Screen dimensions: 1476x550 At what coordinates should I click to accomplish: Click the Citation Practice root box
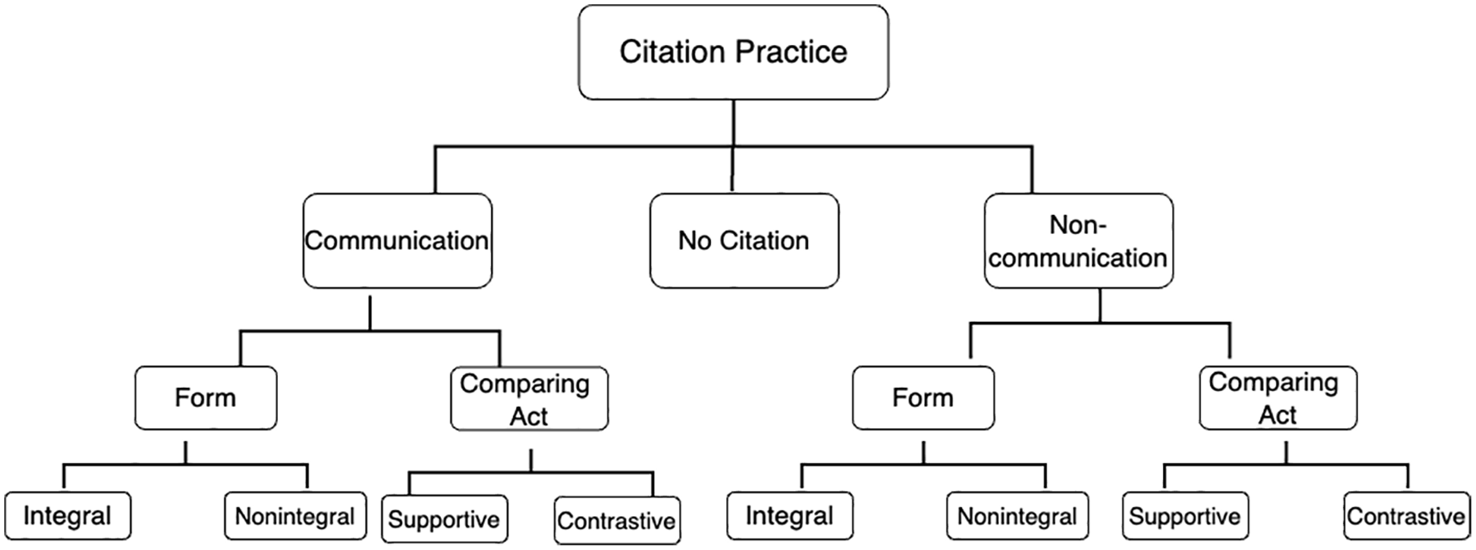[733, 52]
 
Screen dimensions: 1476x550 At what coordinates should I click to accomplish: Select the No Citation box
[744, 241]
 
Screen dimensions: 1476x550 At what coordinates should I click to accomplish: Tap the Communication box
[398, 241]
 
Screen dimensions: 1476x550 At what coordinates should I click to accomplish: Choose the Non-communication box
[1078, 241]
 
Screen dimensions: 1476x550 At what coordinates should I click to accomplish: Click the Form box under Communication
[205, 398]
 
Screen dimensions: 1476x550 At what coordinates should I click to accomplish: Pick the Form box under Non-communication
[923, 398]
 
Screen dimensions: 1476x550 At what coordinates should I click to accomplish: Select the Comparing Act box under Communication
[529, 399]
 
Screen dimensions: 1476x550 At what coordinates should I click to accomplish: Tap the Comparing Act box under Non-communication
[1278, 398]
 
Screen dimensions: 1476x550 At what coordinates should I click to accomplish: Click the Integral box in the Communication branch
[67, 515]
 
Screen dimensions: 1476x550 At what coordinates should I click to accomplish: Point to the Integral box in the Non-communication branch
[790, 515]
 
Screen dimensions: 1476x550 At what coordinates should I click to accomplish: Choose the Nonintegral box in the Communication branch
[295, 515]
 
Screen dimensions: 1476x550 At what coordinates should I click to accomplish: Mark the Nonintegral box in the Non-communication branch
[1017, 515]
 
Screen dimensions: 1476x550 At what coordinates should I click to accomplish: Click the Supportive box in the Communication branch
[445, 519]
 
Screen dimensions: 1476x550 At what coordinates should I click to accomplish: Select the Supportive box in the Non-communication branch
[1185, 515]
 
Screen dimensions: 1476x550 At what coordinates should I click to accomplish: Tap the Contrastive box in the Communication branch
[618, 521]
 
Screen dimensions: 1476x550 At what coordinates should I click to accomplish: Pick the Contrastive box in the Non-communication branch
[1406, 515]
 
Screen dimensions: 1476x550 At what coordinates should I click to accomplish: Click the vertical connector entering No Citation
[732, 168]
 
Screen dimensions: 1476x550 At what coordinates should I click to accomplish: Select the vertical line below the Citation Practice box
[733, 123]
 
